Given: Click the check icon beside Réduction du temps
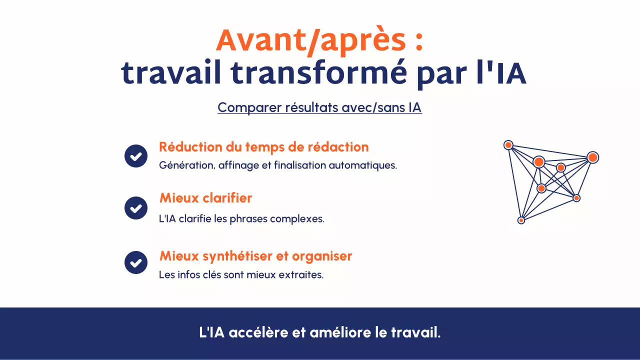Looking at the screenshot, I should pos(136,156).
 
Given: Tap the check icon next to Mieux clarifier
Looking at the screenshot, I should pos(136,208).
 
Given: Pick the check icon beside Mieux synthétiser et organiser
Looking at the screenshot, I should pos(136,262).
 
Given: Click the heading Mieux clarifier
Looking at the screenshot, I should pos(205,198).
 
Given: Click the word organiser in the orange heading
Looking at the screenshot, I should pos(322,256).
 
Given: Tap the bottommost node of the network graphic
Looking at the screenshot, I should pos(521,220).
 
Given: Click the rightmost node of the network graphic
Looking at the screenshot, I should pos(592,157).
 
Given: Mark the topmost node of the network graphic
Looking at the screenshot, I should pos(508,145).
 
